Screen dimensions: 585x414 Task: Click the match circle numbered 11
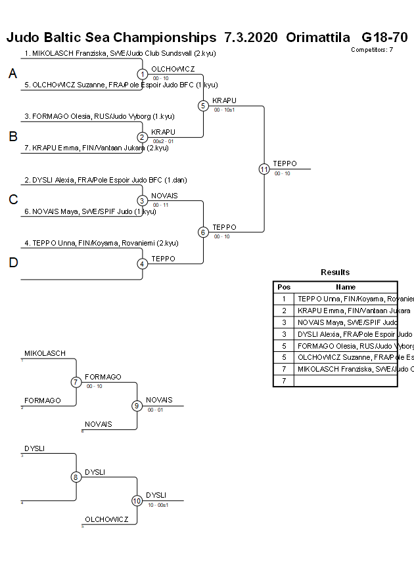coord(264,169)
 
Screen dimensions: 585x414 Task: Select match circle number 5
coord(203,105)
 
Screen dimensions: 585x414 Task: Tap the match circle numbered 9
coord(137,406)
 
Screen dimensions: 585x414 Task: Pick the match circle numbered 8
coord(76,477)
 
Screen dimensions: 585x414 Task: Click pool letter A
coord(12,74)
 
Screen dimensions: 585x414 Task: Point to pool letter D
coord(12,263)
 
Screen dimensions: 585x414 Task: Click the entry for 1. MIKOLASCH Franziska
coord(120,54)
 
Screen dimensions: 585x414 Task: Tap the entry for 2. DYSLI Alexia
coord(102,179)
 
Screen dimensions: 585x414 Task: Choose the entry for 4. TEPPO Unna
coord(101,243)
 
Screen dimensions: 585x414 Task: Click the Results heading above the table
coord(335,272)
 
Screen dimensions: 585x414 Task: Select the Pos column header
coord(284,287)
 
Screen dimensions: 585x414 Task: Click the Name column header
coord(346,287)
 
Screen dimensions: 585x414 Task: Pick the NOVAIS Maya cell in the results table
coord(346,322)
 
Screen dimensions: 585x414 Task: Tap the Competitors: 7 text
coord(372,50)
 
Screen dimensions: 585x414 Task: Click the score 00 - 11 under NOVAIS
coord(161,206)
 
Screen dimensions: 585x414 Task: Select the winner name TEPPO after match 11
coord(285,163)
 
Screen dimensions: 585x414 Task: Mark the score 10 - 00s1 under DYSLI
coord(158,505)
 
